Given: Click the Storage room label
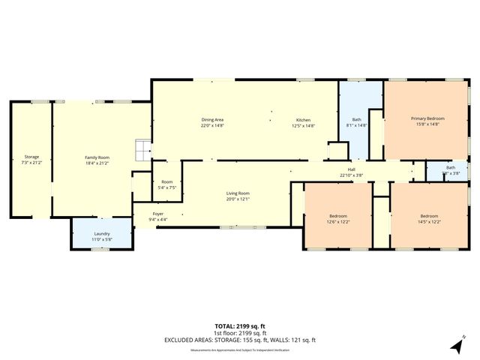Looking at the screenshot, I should tap(31, 157).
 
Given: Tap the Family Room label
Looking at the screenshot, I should tap(97, 157).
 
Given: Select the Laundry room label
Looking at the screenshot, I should tap(101, 233).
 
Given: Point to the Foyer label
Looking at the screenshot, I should tap(158, 214).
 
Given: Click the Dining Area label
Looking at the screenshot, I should tap(212, 120).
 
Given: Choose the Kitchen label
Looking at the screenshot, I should tap(303, 120).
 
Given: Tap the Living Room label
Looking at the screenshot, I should tap(238, 193).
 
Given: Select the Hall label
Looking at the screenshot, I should tap(351, 169).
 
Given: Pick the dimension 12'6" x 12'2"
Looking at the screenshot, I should tap(338, 222).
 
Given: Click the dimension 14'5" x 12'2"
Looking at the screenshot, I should tap(428, 222).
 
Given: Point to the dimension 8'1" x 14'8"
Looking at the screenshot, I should tap(358, 126).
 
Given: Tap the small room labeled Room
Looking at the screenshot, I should tap(167, 181).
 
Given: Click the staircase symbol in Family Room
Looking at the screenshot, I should tap(142, 149).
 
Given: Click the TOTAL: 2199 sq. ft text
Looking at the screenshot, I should tap(239, 327).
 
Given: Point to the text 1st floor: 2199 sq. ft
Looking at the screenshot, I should tap(239, 333).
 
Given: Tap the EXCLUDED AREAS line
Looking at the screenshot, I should tap(239, 340).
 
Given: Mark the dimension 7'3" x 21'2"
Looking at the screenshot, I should tap(31, 162).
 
